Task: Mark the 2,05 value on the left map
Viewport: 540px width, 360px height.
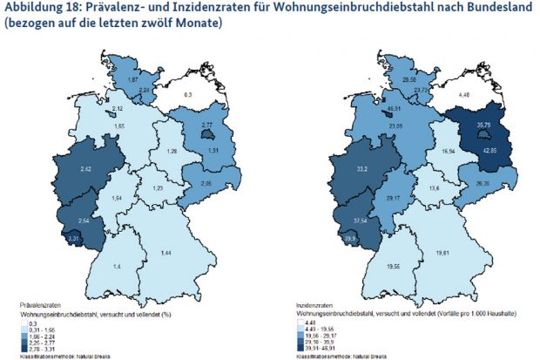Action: point(206,184)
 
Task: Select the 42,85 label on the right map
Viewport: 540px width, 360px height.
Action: point(484,151)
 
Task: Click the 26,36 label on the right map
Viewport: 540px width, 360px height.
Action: point(484,185)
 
